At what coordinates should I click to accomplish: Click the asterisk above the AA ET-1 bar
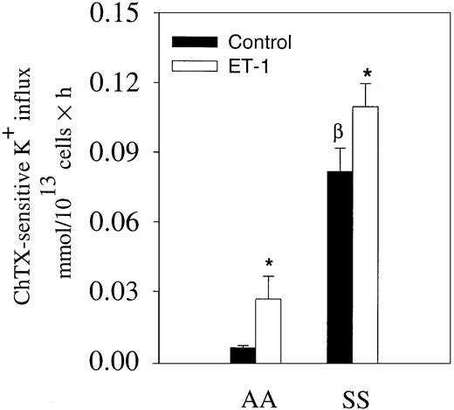[x=268, y=262]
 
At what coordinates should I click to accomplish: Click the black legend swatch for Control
[x=194, y=41]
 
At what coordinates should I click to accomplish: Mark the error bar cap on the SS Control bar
[x=340, y=149]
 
